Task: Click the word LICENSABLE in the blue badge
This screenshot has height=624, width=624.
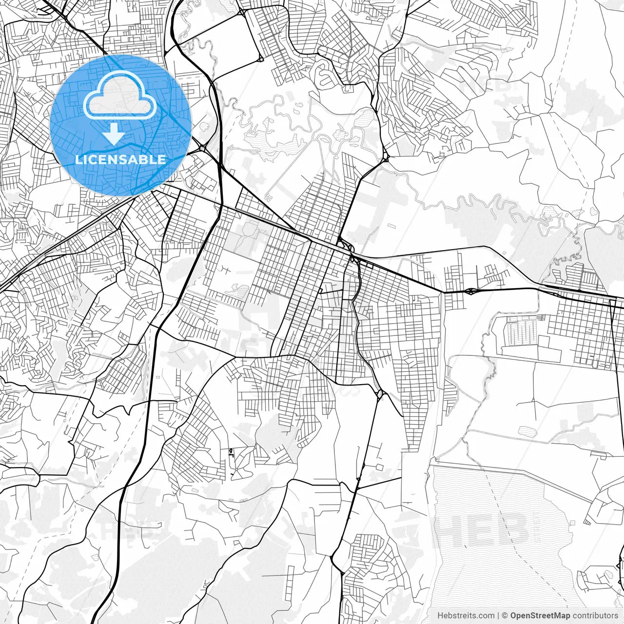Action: pos(120,159)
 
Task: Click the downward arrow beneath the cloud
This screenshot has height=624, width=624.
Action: pos(114,134)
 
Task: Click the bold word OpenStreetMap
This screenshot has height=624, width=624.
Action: pos(540,616)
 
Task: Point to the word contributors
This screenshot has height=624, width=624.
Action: pos(595,616)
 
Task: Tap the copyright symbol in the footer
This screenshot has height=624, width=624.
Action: pos(505,616)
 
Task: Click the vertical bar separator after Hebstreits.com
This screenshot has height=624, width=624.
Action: pos(498,616)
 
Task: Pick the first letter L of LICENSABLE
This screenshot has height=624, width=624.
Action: pos(79,159)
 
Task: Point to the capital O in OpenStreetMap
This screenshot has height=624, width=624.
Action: pos(514,616)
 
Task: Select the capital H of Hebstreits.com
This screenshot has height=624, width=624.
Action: pos(440,616)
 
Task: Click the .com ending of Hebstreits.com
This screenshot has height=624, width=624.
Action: pos(485,616)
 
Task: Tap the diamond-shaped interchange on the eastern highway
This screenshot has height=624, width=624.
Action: pos(471,292)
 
